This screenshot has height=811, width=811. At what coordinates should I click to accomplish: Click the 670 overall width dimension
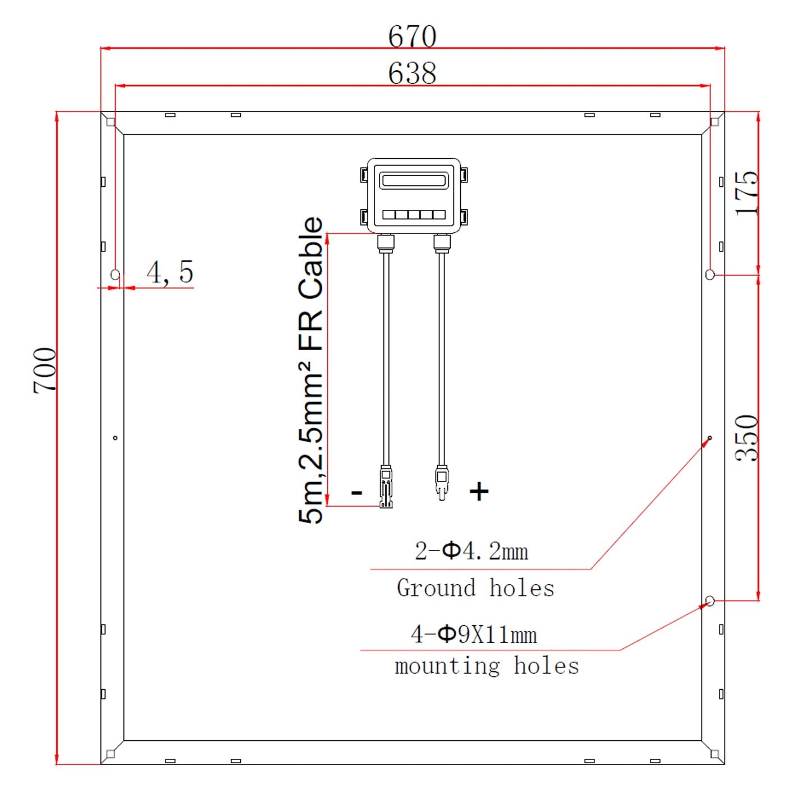412,36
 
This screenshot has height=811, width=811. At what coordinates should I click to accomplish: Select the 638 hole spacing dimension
412,74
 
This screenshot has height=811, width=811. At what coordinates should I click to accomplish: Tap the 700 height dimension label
45,370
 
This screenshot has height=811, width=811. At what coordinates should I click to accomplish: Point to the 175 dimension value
747,193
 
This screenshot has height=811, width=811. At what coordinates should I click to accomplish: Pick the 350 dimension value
747,438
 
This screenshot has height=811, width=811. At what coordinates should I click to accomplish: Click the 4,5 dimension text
169,272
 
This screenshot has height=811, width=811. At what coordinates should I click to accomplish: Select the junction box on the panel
414,195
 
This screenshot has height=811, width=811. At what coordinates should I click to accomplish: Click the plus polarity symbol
479,491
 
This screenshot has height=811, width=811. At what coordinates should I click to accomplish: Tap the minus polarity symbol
356,493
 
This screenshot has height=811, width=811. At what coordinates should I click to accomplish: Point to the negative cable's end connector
386,487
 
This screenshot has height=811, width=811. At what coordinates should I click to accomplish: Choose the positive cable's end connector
442,483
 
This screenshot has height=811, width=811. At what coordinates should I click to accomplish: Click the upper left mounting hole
115,274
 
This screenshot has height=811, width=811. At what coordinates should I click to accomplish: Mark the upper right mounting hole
710,274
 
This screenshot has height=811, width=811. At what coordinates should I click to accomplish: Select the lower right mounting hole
710,601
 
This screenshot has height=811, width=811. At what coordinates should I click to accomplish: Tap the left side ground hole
115,438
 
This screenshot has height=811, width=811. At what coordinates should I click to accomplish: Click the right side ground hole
710,438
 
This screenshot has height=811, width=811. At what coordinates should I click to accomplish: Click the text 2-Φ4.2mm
471,551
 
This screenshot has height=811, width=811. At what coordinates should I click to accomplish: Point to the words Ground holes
475,588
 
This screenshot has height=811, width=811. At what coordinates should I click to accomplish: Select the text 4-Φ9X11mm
474,635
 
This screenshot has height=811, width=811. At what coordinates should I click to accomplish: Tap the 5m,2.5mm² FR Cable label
311,370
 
